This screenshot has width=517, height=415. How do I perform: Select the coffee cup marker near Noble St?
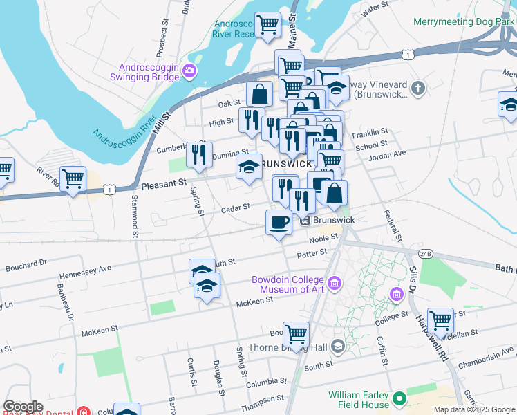[x=279, y=223]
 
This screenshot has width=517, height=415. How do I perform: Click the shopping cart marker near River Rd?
[x=73, y=179]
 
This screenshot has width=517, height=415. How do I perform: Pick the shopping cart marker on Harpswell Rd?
[x=440, y=321]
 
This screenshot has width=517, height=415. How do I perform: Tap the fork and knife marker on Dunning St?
[x=200, y=155]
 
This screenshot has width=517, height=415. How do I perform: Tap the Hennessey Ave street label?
[x=85, y=270]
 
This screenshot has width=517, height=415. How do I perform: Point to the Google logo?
[x=23, y=407]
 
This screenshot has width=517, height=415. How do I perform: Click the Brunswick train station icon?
[x=305, y=220]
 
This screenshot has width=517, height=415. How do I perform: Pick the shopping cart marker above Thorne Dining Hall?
[x=296, y=335]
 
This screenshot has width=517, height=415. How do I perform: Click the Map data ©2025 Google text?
[x=474, y=409]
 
